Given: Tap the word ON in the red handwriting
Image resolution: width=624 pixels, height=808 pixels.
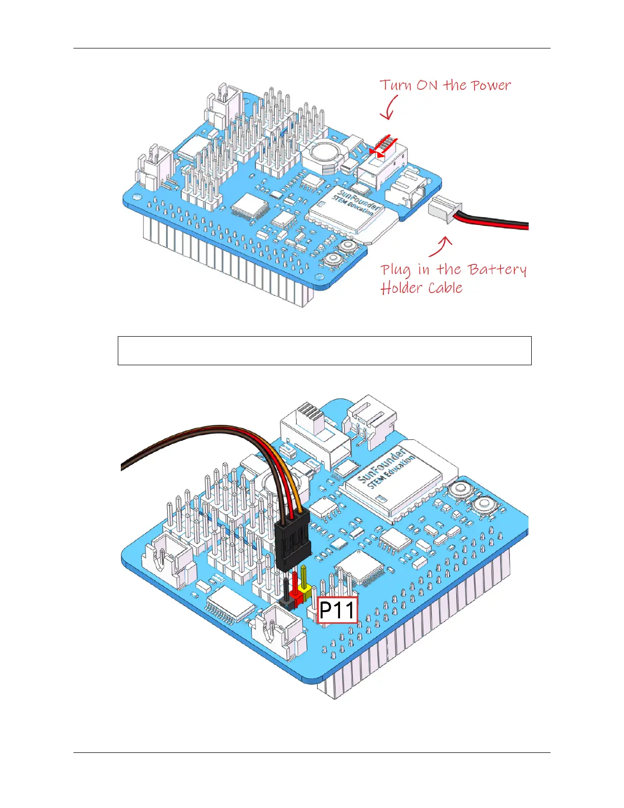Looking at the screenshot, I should click(427, 85).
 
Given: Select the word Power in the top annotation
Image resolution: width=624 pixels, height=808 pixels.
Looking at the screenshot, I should click(490, 85).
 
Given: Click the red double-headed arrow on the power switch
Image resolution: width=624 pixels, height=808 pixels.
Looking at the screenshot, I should click(383, 147).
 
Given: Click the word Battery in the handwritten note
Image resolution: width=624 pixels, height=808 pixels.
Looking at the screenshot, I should click(497, 270).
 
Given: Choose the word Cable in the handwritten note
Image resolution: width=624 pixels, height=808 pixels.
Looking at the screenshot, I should click(445, 288).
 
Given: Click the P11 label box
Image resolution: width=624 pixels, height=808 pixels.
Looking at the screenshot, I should click(337, 610).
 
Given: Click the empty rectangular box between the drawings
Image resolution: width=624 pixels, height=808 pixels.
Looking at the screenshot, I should click(324, 350).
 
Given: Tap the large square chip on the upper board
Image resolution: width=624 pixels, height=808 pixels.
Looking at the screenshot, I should click(250, 206).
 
